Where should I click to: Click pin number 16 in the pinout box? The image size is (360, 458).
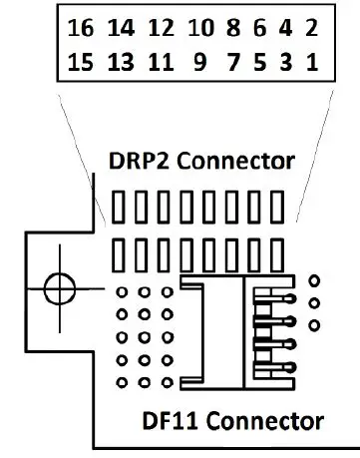(x=82, y=30)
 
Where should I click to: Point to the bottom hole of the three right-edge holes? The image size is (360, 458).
(x=315, y=325)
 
